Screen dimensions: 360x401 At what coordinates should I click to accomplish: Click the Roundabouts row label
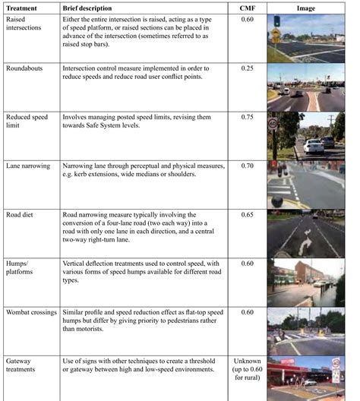click(26, 68)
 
